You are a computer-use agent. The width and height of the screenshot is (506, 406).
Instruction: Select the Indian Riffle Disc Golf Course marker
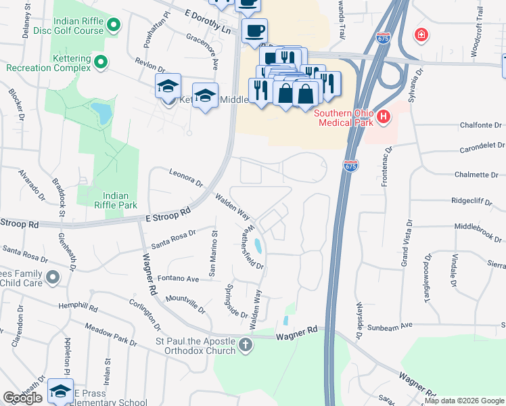[113, 26]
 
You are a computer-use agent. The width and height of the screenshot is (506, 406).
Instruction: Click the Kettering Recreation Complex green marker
[101, 63]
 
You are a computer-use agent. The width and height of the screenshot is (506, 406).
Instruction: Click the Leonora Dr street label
[186, 177]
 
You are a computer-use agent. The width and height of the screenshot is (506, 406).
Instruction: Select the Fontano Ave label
[178, 278]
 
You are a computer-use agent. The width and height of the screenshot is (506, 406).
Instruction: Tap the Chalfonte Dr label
[480, 125]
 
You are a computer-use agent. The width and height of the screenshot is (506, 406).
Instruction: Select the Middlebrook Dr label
[480, 227]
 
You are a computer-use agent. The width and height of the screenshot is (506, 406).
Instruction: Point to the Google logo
[22, 398]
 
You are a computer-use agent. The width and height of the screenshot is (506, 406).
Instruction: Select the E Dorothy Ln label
[207, 22]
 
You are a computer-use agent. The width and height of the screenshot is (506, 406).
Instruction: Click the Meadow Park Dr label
[111, 336]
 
